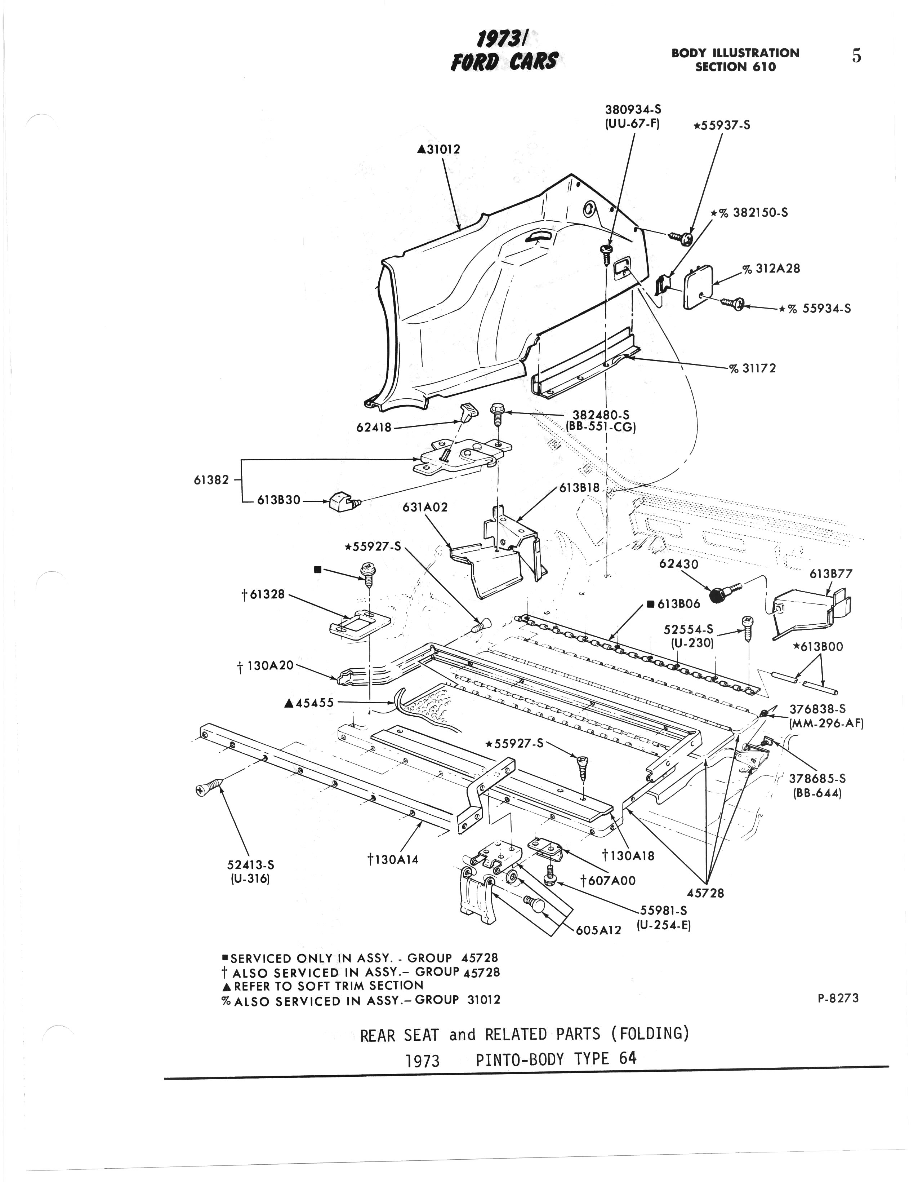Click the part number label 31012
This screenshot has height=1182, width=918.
[x=441, y=149]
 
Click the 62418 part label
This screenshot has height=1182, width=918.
[x=373, y=428]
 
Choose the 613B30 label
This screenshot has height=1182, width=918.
[x=278, y=500]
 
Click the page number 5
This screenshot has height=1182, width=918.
[x=856, y=56]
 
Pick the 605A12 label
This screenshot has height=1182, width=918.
[x=598, y=930]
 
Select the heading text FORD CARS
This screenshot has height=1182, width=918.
[x=503, y=61]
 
